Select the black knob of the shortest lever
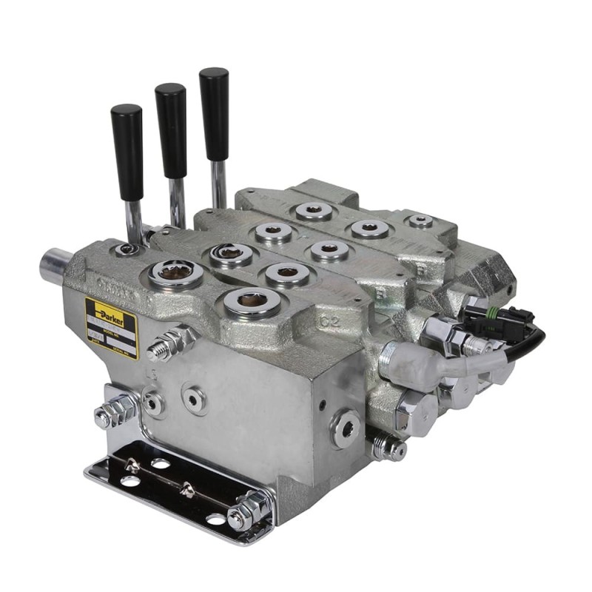127,152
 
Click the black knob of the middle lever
171,129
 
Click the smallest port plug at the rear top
421,221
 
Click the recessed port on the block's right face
346,428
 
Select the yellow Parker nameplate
111,326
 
